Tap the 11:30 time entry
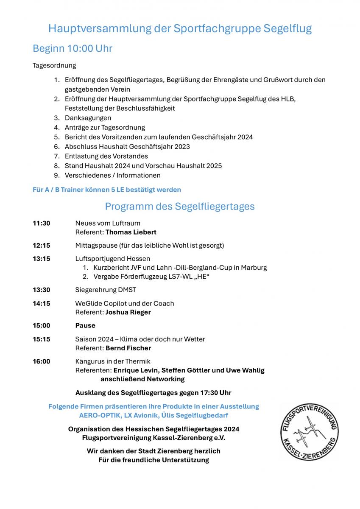[x=42, y=223]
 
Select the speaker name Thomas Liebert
[x=131, y=232]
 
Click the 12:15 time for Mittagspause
[x=42, y=246]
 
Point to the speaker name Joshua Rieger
[x=128, y=312]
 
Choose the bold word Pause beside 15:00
[x=85, y=326]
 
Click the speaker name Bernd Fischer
[x=128, y=348]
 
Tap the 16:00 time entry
[x=42, y=361]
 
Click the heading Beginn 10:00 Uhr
[x=73, y=49]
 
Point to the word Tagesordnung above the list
[x=54, y=66]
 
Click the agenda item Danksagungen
[x=88, y=118]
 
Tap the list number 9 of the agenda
[x=56, y=175]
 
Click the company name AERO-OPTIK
[x=98, y=415]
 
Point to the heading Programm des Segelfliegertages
[x=180, y=207]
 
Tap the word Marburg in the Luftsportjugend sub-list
[x=254, y=268]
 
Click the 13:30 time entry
[x=42, y=290]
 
